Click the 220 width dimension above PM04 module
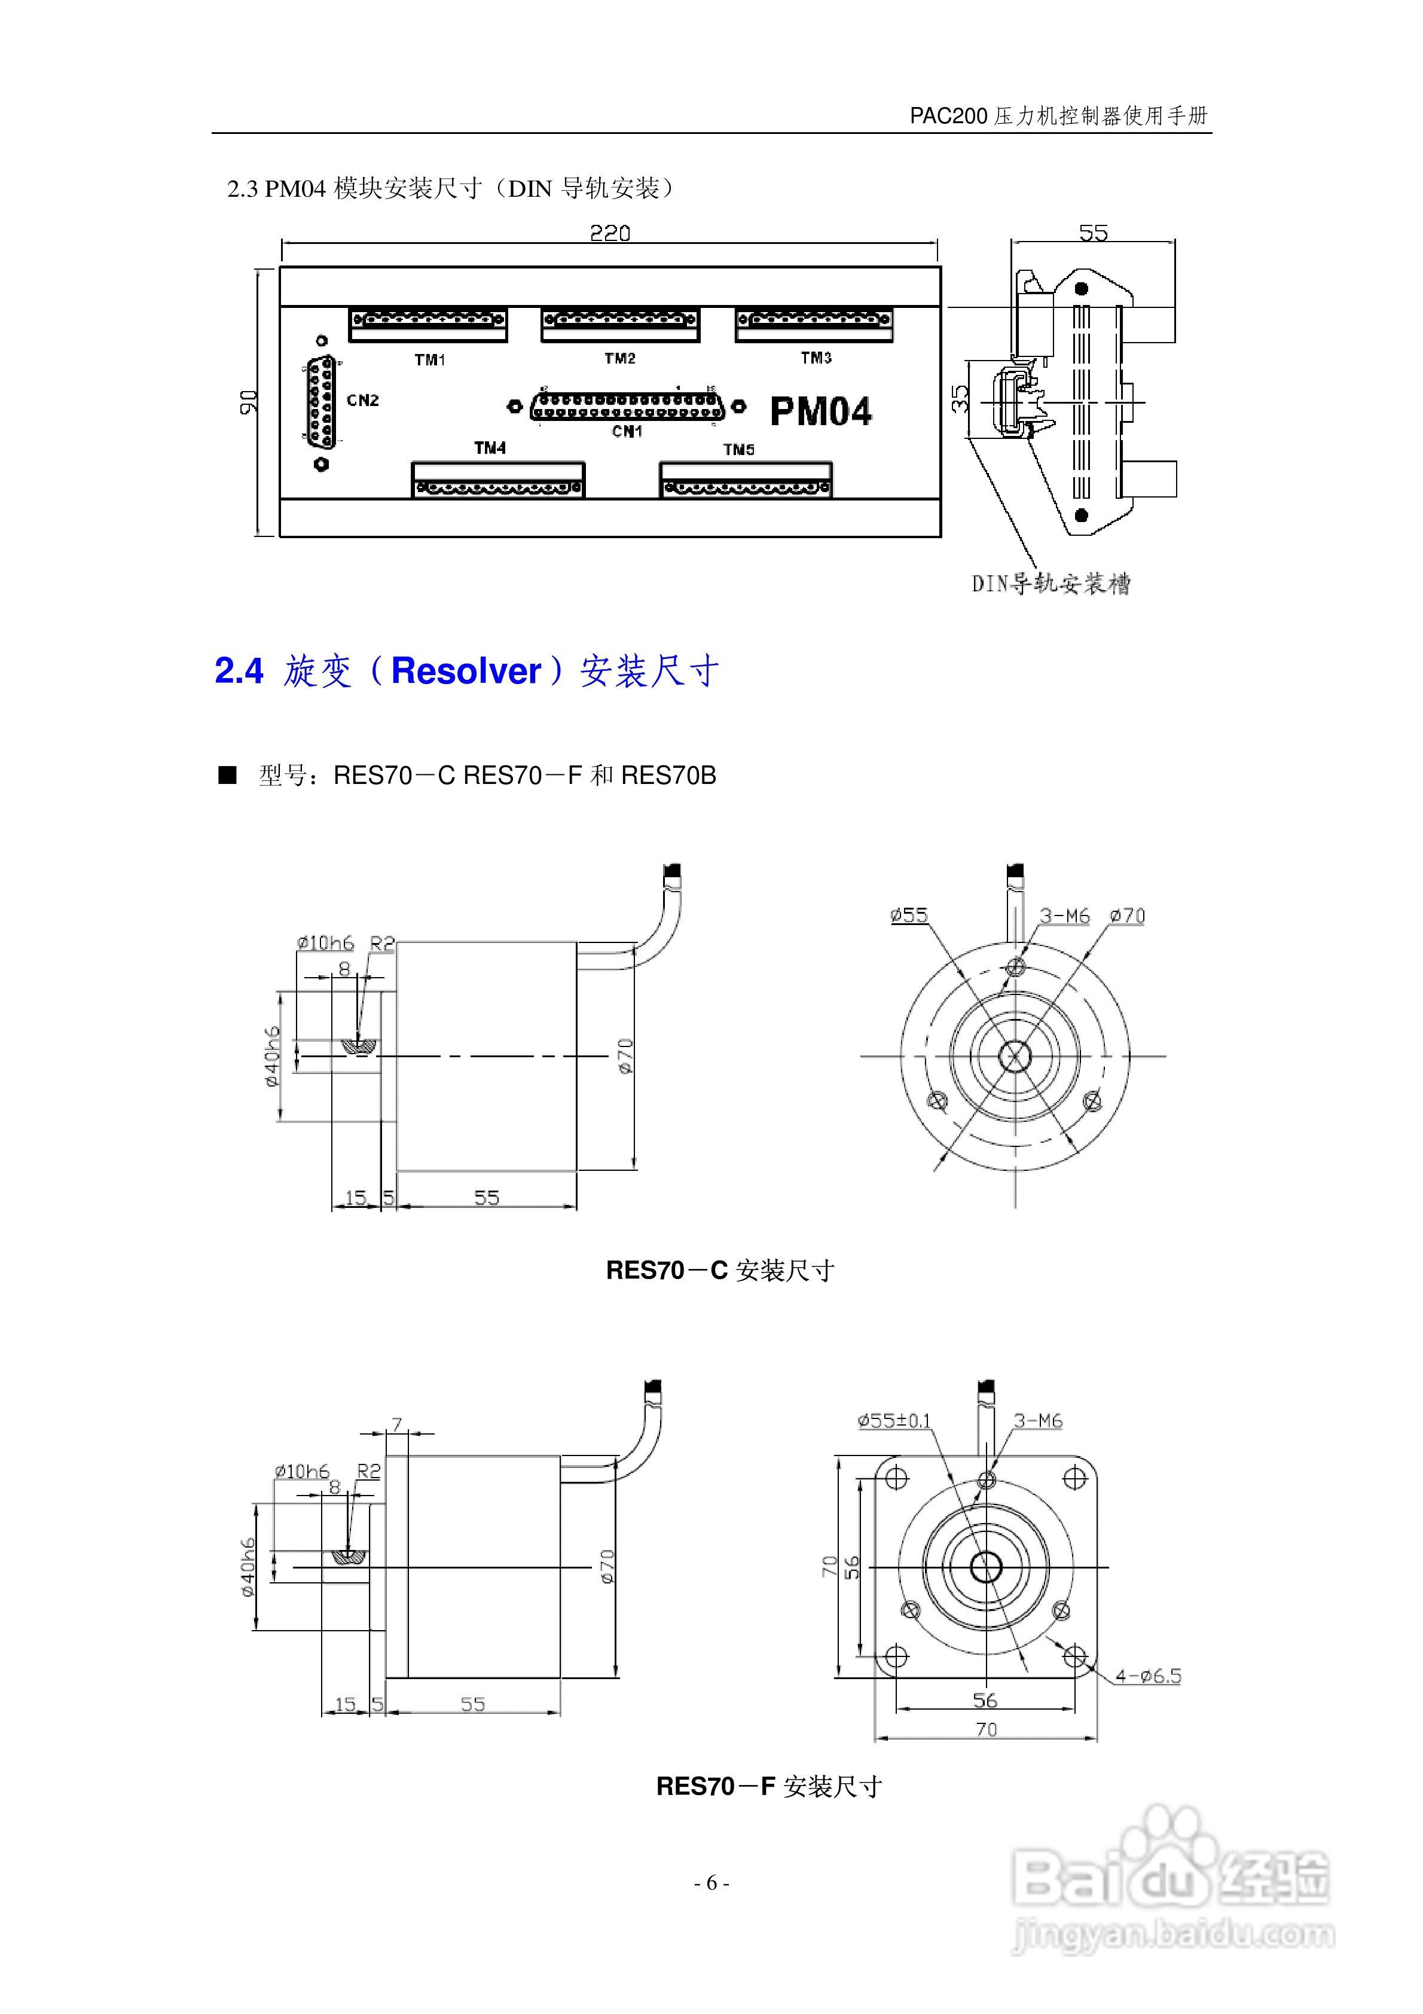(610, 233)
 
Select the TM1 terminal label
(430, 359)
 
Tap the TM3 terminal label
(816, 358)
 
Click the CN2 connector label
(362, 400)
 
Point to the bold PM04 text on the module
(820, 412)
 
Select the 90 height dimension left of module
(250, 402)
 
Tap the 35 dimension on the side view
(961, 399)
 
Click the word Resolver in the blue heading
(466, 671)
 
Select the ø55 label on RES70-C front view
(908, 915)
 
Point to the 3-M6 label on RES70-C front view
(1064, 916)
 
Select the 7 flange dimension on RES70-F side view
(396, 1424)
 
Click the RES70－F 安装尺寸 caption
(768, 1787)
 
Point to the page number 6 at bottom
(711, 1882)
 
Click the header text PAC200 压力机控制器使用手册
(1058, 116)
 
